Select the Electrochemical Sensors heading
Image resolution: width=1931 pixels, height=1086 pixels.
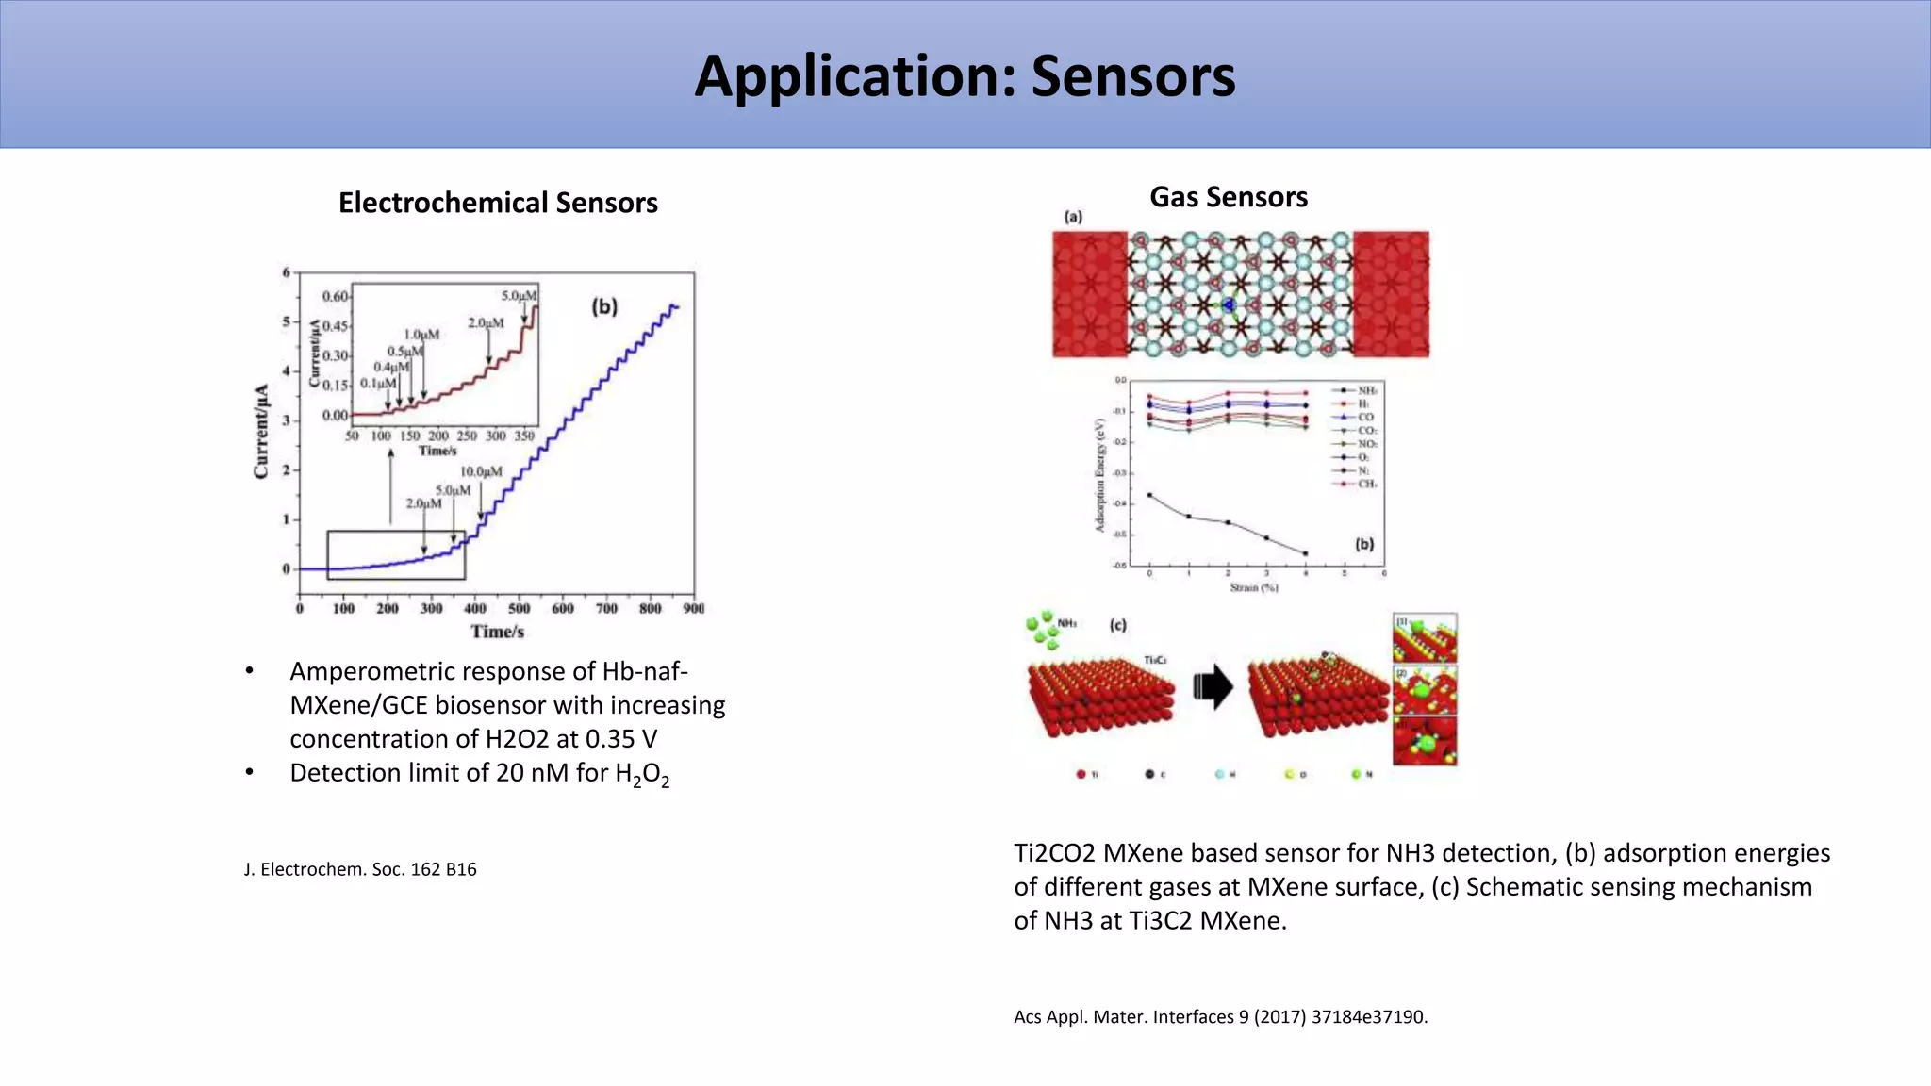498,203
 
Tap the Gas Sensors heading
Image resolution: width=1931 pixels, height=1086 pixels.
1228,197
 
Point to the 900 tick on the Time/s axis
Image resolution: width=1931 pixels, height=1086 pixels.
694,609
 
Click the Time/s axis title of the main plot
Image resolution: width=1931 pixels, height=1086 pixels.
498,632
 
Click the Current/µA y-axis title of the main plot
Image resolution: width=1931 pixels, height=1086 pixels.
262,431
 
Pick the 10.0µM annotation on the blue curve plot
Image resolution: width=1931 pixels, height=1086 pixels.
481,471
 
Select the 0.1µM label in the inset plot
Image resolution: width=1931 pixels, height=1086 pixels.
377,384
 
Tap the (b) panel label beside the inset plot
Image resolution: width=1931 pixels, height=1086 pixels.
603,306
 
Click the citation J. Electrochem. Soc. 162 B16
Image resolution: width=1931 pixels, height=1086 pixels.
360,869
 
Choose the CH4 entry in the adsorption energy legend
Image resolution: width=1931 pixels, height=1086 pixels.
1366,484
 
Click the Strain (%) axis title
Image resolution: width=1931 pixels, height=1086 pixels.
1254,587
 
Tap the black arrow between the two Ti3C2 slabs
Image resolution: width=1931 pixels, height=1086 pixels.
1213,687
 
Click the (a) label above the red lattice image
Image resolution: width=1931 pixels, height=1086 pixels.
1073,217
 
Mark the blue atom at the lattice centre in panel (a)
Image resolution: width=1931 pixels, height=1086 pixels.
1229,304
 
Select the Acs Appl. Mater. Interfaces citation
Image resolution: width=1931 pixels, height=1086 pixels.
1220,1017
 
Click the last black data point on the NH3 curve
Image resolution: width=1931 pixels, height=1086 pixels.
1305,553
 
